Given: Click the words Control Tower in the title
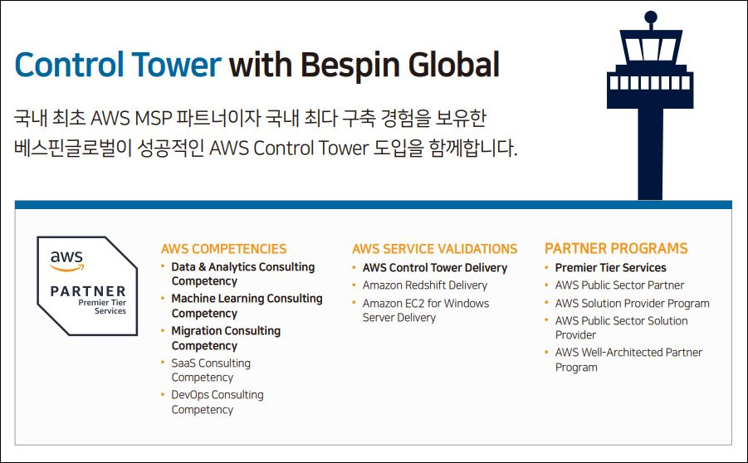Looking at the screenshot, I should tap(118, 65).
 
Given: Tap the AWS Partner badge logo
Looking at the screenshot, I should tap(87, 285).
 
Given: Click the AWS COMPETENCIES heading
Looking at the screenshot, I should tap(223, 249).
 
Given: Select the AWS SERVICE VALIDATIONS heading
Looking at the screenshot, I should tap(434, 249).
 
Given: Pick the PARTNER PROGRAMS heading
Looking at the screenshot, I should tap(616, 249).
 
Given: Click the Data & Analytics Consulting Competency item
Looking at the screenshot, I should tap(242, 274).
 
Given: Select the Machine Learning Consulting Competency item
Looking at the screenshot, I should tap(246, 305).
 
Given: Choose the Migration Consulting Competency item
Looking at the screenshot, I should tap(225, 338).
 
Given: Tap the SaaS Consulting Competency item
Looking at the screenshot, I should tap(210, 370).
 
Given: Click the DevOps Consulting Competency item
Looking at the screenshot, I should tap(217, 402).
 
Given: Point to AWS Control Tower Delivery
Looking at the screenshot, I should tap(434, 268).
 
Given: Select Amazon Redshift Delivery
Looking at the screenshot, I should tap(424, 285).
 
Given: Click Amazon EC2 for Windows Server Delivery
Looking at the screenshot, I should tap(425, 310).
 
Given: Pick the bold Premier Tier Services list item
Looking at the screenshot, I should tap(610, 268).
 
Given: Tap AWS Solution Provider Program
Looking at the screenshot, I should tap(632, 304).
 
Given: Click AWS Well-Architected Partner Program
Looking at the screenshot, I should tap(628, 359).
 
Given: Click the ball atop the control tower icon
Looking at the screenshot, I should tap(650, 17).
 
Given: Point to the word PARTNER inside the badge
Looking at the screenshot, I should tap(88, 291).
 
